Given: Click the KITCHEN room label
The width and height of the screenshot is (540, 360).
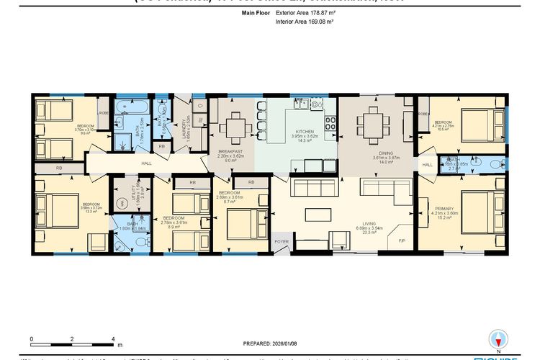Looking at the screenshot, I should [x=303, y=132].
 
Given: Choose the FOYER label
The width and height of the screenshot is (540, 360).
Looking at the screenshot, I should [x=282, y=241].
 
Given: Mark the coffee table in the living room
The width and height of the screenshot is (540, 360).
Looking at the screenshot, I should [x=315, y=215].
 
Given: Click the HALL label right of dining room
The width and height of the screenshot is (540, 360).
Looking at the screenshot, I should [x=427, y=165].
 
